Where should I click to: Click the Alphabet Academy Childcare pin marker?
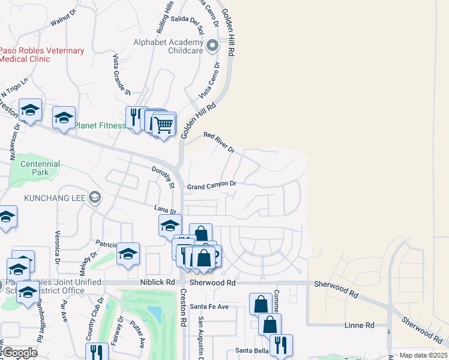pyautogui.click(x=212, y=46)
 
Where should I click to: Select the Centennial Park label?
pyautogui.click(x=40, y=168)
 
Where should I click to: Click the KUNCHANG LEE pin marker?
pyautogui.click(x=94, y=197)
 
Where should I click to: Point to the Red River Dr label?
pyautogui.click(x=218, y=143)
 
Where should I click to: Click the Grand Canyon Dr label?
pyautogui.click(x=212, y=185)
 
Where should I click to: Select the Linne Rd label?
pyautogui.click(x=360, y=325)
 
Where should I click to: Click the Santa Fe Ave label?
pyautogui.click(x=210, y=307)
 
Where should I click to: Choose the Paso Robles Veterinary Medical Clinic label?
pyautogui.click(x=42, y=55)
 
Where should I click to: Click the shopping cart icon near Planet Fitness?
pyautogui.click(x=164, y=125)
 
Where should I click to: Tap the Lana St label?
pyautogui.click(x=164, y=209)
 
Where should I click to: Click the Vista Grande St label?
pyautogui.click(x=122, y=74)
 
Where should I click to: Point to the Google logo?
pyautogui.click(x=19, y=353)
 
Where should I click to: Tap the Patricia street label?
pyautogui.click(x=106, y=243)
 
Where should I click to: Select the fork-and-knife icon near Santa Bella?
pyautogui.click(x=280, y=346)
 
